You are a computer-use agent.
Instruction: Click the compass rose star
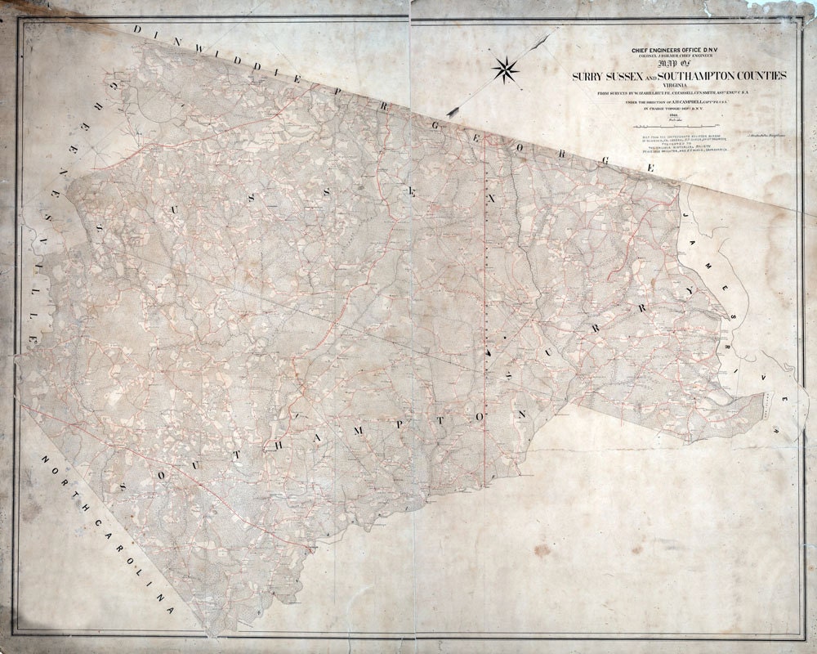click(507, 69)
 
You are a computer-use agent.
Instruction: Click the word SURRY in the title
click(591, 75)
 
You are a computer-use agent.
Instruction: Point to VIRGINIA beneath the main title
click(678, 85)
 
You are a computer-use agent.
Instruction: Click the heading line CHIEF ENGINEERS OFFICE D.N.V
click(678, 51)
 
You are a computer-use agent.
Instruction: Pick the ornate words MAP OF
click(679, 65)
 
